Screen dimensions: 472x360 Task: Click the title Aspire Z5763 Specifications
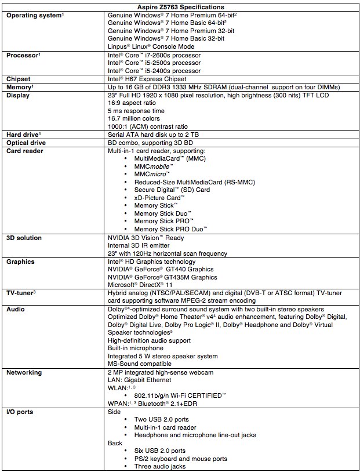click(180, 5)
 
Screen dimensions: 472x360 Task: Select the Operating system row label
click(34, 14)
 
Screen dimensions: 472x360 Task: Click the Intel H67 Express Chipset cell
click(147, 79)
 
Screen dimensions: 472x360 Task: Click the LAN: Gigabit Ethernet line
click(140, 380)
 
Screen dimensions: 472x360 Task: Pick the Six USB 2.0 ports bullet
click(160, 451)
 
